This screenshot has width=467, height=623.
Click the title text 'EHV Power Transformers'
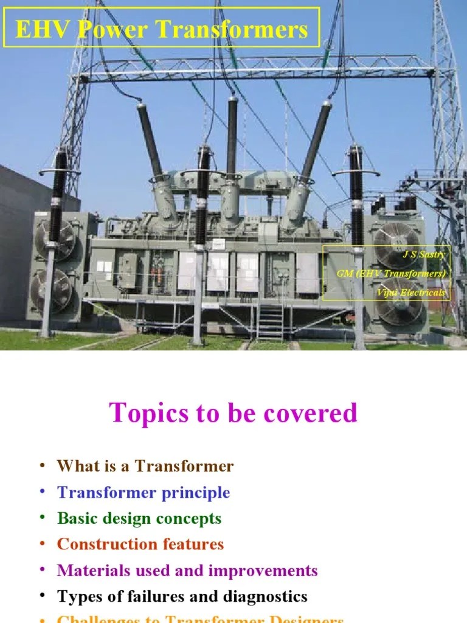[x=161, y=29]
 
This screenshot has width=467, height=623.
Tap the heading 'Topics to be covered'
[x=233, y=413]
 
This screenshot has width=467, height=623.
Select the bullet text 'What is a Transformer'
[x=145, y=467]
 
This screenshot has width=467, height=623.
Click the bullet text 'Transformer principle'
[x=144, y=492]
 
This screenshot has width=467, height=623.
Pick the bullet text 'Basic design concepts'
[x=139, y=518]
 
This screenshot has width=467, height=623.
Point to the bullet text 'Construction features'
[x=140, y=544]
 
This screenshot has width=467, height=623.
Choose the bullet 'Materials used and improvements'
[x=187, y=571]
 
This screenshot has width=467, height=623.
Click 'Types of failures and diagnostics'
[x=182, y=597]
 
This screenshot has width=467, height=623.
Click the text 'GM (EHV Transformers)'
[x=391, y=273]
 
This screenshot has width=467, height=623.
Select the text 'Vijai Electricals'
[x=411, y=293]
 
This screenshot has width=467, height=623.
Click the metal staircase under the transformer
[x=270, y=321]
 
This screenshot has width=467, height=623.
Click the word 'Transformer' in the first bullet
[x=184, y=467]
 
